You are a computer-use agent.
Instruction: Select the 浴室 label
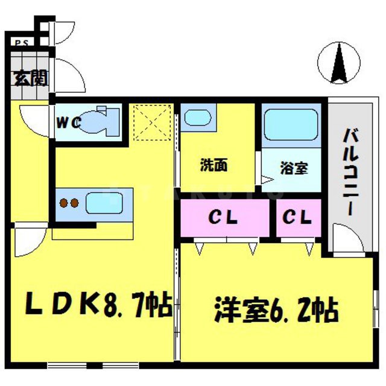tap(294, 168)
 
